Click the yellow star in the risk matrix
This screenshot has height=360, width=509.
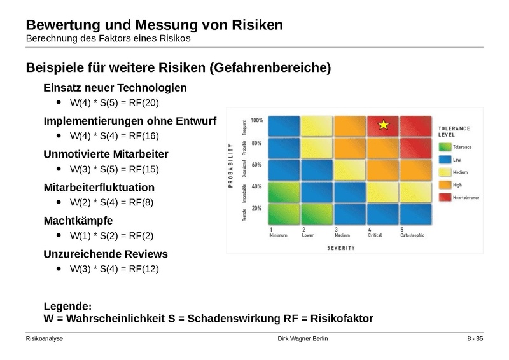pyautogui.click(x=383, y=125)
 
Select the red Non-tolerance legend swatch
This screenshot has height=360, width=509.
pyautogui.click(x=444, y=197)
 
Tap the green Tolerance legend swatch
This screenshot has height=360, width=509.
pyautogui.click(x=444, y=147)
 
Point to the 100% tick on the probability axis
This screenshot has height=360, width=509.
pyautogui.click(x=256, y=120)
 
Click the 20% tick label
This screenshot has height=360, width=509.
pyautogui.click(x=256, y=208)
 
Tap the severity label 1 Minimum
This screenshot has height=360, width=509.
pyautogui.click(x=279, y=232)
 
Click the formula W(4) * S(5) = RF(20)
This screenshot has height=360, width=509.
pyautogui.click(x=114, y=102)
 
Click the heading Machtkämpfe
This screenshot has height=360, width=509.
pyautogui.click(x=78, y=221)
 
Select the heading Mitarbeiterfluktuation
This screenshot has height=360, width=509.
pyautogui.click(x=99, y=188)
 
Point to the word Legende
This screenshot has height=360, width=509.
pyautogui.click(x=67, y=307)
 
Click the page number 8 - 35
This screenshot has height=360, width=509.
pyautogui.click(x=475, y=339)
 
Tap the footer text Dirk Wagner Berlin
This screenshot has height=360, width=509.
pyautogui.click(x=303, y=339)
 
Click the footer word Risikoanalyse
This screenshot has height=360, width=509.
pyautogui.click(x=45, y=339)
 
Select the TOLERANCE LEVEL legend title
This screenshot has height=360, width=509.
pyautogui.click(x=454, y=132)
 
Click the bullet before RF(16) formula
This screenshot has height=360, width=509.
pyautogui.click(x=59, y=135)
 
